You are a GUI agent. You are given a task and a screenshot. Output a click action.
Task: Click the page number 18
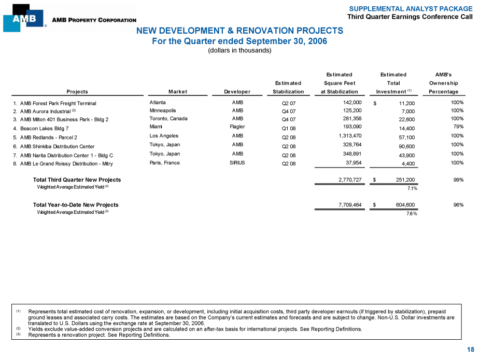coord(470,350)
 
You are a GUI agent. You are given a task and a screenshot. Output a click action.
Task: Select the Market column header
coord(178,92)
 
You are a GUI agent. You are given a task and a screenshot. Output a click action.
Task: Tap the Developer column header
coord(237,92)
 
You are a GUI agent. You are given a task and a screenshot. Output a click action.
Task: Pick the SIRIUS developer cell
coord(236,162)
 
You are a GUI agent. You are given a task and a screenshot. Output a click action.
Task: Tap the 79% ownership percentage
coord(457,127)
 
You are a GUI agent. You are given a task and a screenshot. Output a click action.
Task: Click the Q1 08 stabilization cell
coord(288,128)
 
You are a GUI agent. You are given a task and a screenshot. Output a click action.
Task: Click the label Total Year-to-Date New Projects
coord(76,205)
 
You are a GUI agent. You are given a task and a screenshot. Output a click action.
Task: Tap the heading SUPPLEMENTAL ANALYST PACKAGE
coord(411,9)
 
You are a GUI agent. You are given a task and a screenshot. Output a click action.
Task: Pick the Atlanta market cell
coord(158,102)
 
